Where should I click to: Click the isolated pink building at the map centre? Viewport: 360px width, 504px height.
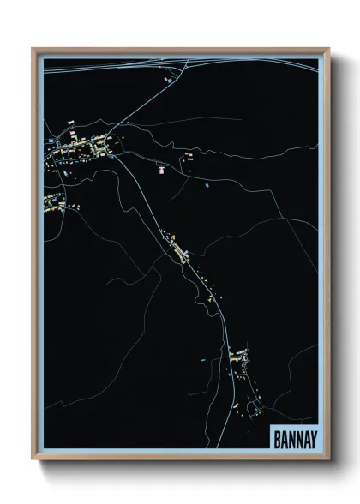click(160, 170)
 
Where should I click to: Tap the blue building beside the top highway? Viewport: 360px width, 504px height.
click(169, 81)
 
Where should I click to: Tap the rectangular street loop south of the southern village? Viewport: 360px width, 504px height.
click(254, 407)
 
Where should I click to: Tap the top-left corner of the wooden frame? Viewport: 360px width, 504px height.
click(33, 49)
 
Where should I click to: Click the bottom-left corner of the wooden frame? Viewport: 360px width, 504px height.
click(33, 458)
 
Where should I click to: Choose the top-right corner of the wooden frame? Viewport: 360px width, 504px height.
click(328, 49)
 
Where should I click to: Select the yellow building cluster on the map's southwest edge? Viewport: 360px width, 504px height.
click(53, 201)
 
